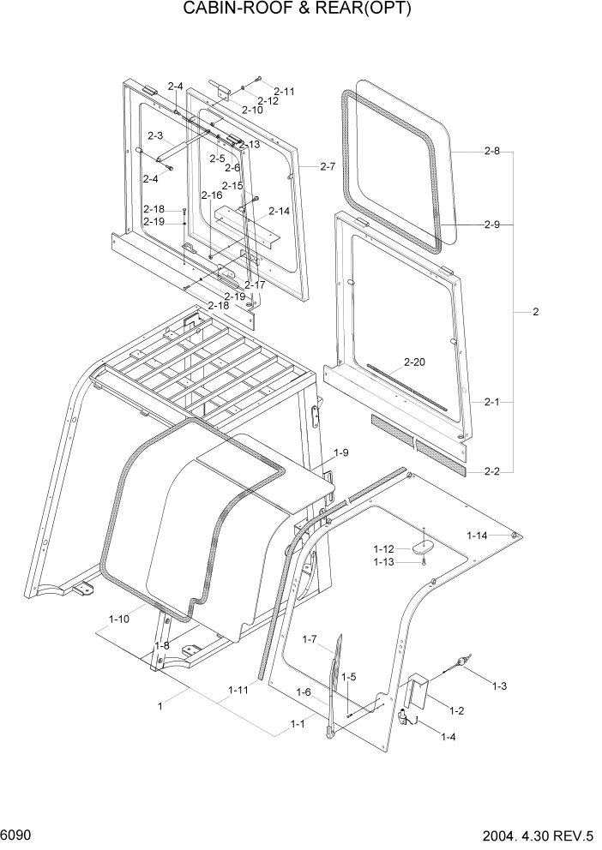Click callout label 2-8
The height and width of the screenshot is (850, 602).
click(491, 151)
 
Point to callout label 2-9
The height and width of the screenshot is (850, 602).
click(491, 224)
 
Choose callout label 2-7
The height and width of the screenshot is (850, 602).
click(327, 166)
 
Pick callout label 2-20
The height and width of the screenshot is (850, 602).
click(413, 363)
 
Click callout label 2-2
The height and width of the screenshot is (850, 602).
click(491, 471)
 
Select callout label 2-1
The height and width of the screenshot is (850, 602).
click(491, 400)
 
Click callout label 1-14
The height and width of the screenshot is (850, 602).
click(478, 536)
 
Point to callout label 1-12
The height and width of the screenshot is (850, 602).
click(383, 548)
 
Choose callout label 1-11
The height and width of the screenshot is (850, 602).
click(238, 689)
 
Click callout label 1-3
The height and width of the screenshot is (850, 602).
click(499, 686)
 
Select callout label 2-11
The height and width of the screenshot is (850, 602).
click(284, 91)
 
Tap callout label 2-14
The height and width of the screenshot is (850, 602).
click(279, 211)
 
